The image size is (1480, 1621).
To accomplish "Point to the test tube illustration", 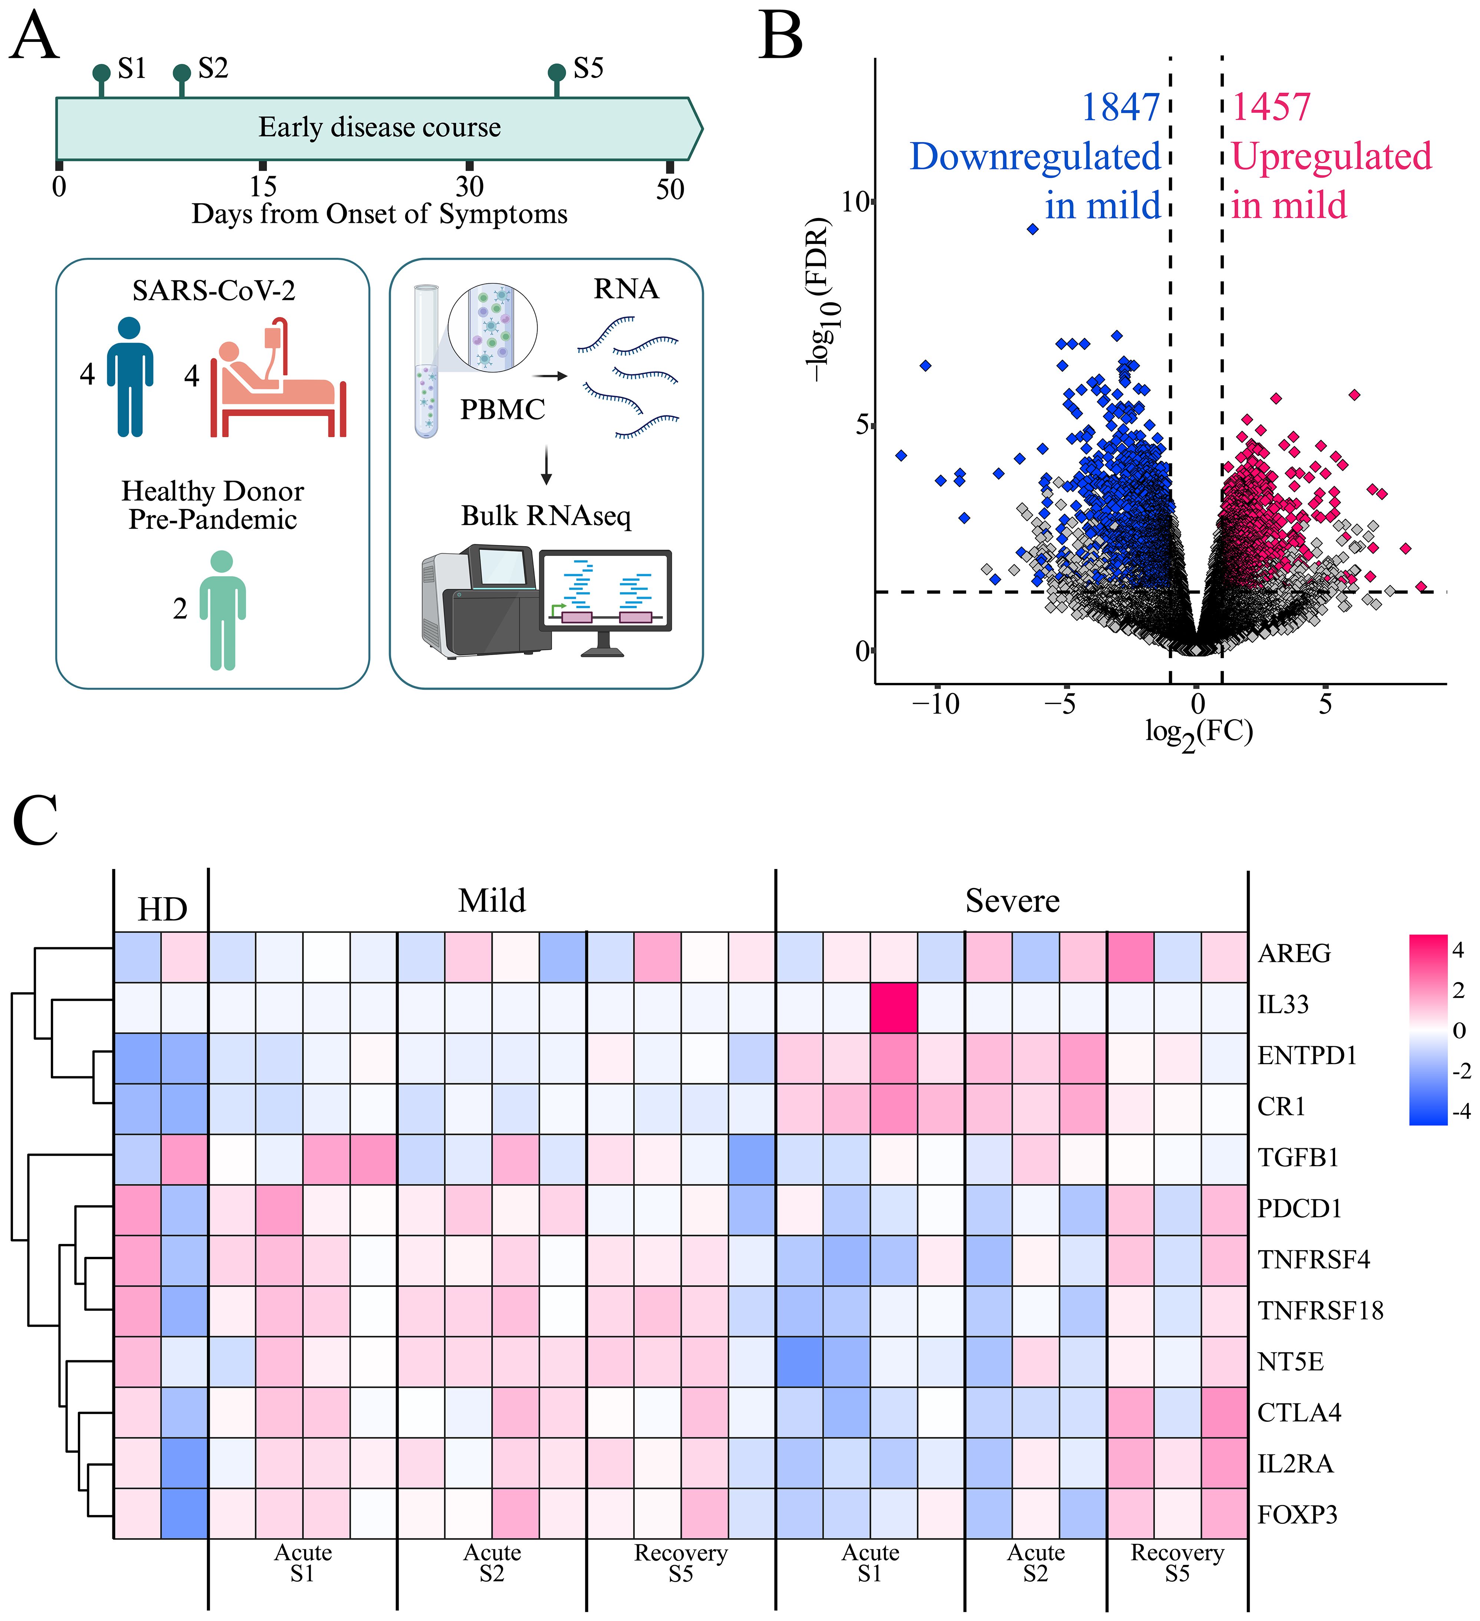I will point(426,362).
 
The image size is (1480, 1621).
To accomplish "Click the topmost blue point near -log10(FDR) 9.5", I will point(1033,229).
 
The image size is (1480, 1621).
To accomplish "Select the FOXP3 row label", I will point(1297,1515).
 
